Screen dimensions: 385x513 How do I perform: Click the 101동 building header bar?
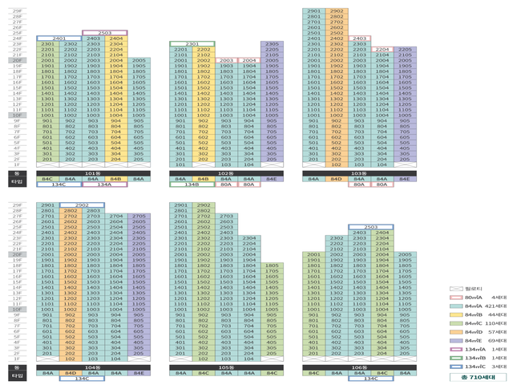pos(92,172)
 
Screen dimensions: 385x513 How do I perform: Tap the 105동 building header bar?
pos(226,367)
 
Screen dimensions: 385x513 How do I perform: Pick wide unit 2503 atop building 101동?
pos(104,32)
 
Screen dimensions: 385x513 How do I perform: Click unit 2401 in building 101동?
pos(58,38)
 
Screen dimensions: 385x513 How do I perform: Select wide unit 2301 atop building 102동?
pos(192,43)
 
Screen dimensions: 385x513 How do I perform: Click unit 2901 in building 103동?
pos(313,11)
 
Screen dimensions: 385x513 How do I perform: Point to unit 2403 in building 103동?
pos(359,38)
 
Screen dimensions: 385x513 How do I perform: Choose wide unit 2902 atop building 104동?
pos(81,205)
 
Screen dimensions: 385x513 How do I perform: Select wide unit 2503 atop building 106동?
pos(370,227)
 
